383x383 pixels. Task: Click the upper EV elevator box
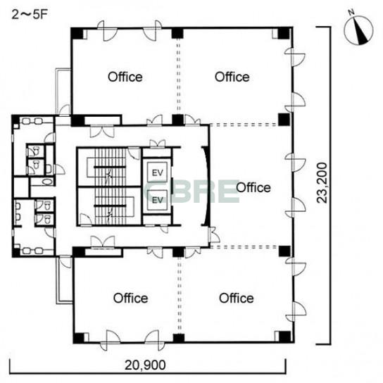pos(157,172)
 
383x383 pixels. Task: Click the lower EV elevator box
pos(157,200)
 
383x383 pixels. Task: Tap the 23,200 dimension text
pos(322,183)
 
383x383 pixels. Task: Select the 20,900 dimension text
pos(145,365)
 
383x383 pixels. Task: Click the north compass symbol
pos(358,30)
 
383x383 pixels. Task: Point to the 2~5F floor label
pos(30,15)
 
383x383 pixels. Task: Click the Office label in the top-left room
pos(125,77)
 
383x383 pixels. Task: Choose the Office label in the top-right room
pos(232,77)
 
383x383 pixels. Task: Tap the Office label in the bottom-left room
pos(131,299)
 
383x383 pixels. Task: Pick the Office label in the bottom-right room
pos(237,299)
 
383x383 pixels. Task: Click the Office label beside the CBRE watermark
pos(253,187)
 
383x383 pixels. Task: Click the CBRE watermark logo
pos(191,191)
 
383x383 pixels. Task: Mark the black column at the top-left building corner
pos(77,33)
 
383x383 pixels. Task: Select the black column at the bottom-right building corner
pos(285,337)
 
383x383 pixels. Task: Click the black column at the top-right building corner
pos(284,33)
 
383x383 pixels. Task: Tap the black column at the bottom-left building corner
pos(79,338)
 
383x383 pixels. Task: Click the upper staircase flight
pos(110,168)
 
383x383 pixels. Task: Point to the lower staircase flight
pos(110,206)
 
